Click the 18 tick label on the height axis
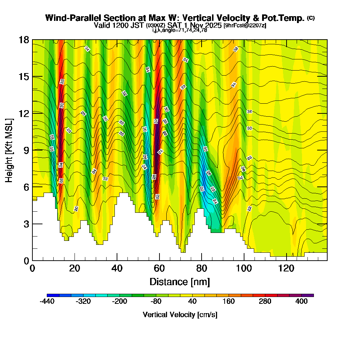coord(24,40)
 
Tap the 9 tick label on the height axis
coord(26,150)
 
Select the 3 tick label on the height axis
coord(26,224)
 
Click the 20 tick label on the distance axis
coord(75,268)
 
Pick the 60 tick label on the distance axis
coord(159,268)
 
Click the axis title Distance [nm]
coord(180,282)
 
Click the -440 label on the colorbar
coord(47,302)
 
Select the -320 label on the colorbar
coord(83,302)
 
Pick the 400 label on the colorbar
coord(302,302)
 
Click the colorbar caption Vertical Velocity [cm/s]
coord(180,315)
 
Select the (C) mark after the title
coord(311,18)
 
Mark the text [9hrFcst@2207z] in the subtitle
coord(245,26)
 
